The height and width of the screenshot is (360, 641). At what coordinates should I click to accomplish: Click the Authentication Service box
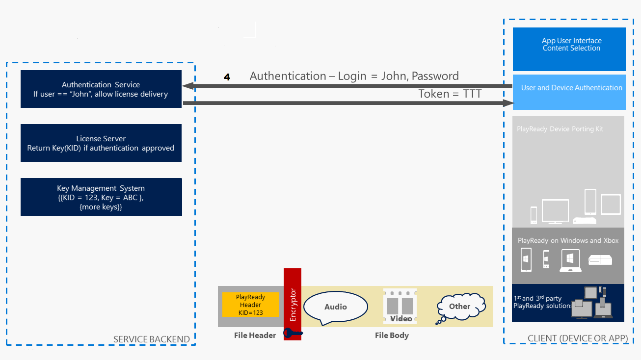[x=101, y=89]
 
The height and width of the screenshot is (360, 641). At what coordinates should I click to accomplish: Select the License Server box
[x=101, y=143]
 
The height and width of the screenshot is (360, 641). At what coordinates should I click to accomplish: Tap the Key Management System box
[x=101, y=197]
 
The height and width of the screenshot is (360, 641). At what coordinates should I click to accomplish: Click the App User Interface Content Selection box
[x=569, y=49]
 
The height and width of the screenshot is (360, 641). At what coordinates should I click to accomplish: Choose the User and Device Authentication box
[x=569, y=92]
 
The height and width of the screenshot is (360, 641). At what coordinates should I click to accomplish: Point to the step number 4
[x=227, y=77]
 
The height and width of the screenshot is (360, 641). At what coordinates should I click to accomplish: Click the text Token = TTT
[x=450, y=94]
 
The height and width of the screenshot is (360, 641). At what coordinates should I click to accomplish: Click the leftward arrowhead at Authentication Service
[x=187, y=86]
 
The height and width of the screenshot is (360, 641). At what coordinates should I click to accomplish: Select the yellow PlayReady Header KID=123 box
[x=250, y=305]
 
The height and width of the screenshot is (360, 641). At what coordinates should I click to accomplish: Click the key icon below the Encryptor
[x=293, y=334]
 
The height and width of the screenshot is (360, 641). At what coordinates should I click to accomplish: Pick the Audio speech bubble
[x=336, y=307]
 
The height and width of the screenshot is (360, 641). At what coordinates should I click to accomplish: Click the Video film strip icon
[x=401, y=307]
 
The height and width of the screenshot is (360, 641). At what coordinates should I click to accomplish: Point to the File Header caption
[x=255, y=335]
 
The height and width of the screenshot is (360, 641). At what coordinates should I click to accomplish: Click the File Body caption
[x=392, y=335]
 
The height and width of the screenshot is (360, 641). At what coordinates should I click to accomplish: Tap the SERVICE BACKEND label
[x=151, y=339]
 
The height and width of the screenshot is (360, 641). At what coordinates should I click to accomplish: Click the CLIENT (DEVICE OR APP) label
[x=578, y=338]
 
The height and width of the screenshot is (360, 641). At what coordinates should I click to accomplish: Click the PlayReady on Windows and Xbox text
[x=568, y=240]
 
